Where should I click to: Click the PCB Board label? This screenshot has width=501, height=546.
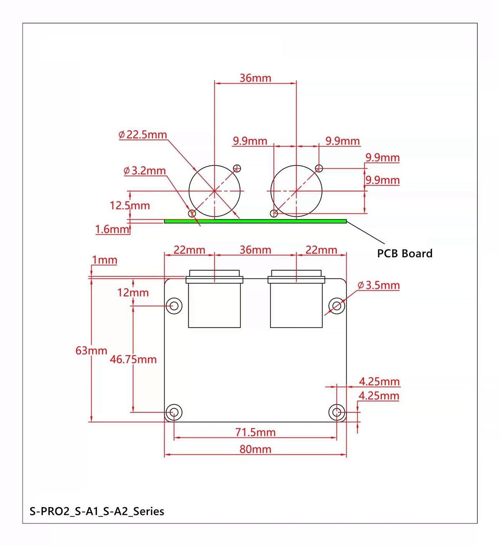[405, 253]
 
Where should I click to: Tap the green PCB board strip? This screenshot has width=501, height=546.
[255, 221]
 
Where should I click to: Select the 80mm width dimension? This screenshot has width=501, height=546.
[256, 449]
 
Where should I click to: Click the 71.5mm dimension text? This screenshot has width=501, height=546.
[256, 432]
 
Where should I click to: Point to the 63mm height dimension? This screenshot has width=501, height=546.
[91, 351]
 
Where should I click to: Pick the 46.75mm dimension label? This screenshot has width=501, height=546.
[133, 359]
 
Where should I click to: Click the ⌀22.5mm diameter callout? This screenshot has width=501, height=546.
[143, 134]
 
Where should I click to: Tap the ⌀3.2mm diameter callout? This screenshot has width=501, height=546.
[144, 171]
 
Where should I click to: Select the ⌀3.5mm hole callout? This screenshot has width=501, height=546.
[379, 285]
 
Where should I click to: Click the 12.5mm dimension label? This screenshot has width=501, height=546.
[130, 205]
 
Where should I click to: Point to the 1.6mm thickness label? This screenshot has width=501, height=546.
[112, 229]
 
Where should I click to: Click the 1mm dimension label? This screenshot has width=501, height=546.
[104, 260]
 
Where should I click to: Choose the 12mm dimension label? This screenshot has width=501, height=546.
[133, 293]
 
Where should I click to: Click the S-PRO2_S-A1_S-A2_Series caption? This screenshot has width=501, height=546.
[97, 511]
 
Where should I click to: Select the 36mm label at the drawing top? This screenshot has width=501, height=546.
[256, 78]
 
